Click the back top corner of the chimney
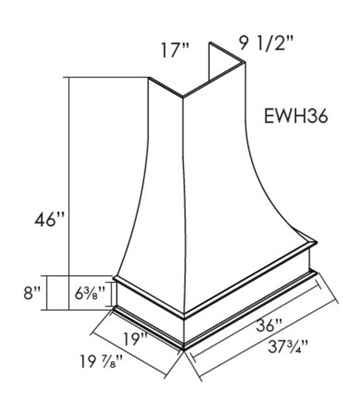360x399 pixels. (211, 45)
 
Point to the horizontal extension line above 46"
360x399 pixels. (106, 77)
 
